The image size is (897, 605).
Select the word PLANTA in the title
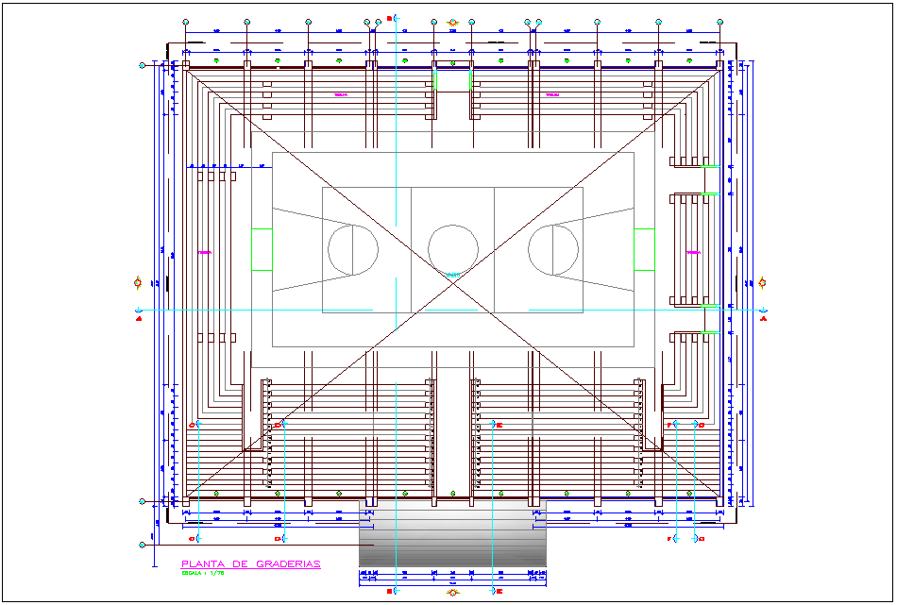(202, 564)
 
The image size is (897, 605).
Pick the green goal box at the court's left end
(262, 249)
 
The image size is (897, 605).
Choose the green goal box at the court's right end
(644, 249)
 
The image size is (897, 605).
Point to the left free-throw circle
(353, 249)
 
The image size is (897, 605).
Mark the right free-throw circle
(553, 249)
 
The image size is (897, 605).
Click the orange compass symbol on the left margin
(139, 282)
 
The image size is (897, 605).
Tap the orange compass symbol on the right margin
(763, 282)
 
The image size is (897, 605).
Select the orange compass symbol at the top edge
(453, 21)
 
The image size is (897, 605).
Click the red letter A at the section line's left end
(139, 318)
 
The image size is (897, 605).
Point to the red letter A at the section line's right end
(763, 318)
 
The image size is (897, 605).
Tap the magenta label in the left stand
(204, 253)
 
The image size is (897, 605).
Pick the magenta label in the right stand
(693, 253)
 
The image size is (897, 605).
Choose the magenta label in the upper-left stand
(341, 95)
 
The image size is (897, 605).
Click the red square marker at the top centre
(390, 18)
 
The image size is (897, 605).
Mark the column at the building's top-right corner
(719, 65)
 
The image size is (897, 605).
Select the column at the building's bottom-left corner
(186, 499)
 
